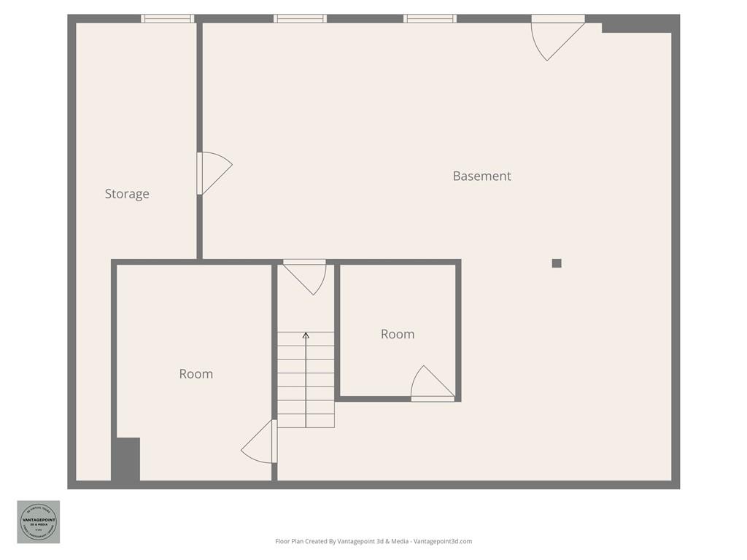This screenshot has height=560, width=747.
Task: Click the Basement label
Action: coord(481,176)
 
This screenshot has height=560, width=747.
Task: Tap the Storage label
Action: coord(127,194)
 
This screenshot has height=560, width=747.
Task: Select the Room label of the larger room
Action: coord(196,374)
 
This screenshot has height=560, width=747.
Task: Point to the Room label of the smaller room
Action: coord(398,334)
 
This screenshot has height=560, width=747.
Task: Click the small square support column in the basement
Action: coord(557,263)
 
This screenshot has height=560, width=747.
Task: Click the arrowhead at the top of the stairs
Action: coord(306,335)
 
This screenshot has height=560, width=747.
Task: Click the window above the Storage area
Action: coord(168,19)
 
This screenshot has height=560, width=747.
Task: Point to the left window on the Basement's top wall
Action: coord(300,19)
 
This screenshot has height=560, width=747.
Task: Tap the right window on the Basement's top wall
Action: coord(430,19)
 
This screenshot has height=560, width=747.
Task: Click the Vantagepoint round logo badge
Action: coord(39,522)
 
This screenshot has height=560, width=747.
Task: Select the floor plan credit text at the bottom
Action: coord(373,541)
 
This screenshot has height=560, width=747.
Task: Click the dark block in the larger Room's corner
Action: coord(125,459)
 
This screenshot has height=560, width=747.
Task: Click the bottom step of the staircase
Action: coord(306,421)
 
